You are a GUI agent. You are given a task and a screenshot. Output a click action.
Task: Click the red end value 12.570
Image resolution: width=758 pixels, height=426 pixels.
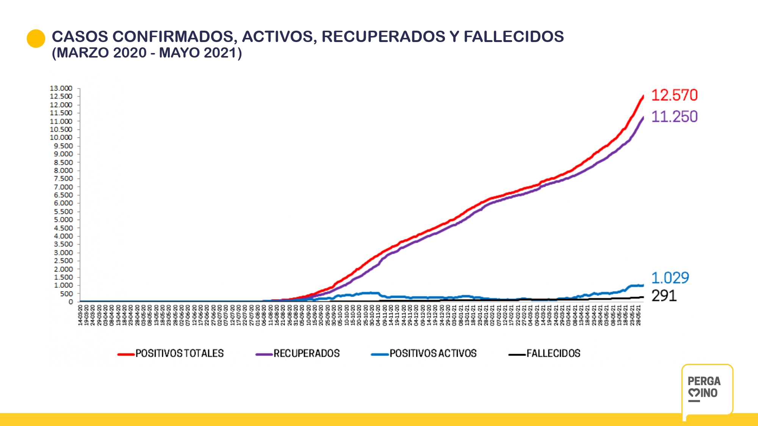(x=674, y=95)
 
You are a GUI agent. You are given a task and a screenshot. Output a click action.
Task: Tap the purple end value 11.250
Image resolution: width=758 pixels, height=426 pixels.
(x=674, y=117)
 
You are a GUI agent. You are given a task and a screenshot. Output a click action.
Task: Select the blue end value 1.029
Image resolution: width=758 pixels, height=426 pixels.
(x=670, y=278)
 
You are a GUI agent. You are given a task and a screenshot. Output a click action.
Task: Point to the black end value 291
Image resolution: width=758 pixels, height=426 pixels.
(x=664, y=296)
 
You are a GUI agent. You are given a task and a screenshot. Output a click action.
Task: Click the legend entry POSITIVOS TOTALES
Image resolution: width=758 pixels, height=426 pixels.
(x=179, y=353)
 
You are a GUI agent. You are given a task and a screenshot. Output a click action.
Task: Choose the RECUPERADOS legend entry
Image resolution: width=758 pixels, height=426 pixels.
(x=306, y=353)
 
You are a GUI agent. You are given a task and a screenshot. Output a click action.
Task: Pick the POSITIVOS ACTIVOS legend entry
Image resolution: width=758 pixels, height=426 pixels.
(x=433, y=353)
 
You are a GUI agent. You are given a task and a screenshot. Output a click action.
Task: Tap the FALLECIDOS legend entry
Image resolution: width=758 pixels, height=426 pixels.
(x=553, y=353)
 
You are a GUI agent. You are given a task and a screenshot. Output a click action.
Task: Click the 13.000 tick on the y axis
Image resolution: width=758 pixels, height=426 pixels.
(x=61, y=88)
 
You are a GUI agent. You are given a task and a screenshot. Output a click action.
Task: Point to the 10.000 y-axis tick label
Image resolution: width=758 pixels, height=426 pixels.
(x=61, y=137)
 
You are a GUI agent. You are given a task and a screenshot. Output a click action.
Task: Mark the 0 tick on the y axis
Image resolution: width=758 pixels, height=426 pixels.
(x=70, y=302)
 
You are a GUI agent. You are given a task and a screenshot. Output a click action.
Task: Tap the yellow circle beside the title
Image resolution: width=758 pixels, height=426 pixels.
(x=36, y=39)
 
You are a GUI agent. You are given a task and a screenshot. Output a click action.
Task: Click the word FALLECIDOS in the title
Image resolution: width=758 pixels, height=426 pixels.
(x=514, y=37)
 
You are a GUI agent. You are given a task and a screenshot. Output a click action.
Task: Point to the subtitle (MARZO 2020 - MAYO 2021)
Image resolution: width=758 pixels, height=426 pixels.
(x=147, y=53)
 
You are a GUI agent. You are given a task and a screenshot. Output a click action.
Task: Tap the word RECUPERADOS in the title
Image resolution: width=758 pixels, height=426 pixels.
(x=383, y=37)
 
